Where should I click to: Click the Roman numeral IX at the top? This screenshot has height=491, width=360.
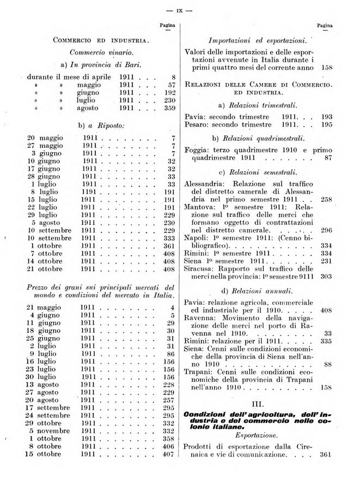pyautogui.click(x=179, y=10)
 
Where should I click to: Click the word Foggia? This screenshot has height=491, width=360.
pyautogui.click(x=198, y=149)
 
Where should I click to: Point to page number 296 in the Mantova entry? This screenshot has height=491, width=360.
pyautogui.click(x=327, y=231)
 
